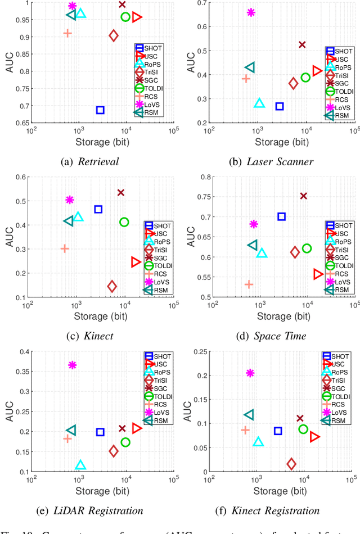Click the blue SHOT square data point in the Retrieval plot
point(100,110)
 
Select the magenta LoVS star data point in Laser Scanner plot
point(251,12)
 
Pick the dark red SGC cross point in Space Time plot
point(303,196)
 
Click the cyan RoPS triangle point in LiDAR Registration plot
point(80,465)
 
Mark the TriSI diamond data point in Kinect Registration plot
point(291,464)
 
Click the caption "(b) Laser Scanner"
point(272,162)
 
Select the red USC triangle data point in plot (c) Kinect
point(136,262)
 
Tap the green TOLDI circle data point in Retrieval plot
point(125,17)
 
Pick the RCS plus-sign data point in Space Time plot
point(249,284)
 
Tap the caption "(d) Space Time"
point(272,336)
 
